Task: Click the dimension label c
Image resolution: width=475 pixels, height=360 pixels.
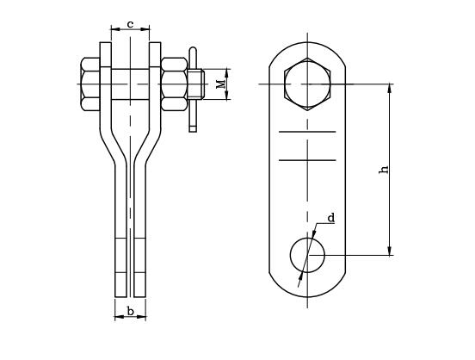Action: pos(130,24)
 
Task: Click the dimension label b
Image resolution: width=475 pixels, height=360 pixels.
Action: pos(130,311)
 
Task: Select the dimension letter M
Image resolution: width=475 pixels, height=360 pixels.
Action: pos(221,84)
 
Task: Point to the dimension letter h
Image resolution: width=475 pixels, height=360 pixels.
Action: pos(384,170)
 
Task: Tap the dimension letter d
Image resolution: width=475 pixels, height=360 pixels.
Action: pos(331,218)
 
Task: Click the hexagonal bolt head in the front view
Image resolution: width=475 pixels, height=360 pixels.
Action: pos(307,84)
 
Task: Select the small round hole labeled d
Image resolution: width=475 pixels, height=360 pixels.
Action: pos(307,255)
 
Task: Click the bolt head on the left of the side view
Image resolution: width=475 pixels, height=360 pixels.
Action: pos(90,84)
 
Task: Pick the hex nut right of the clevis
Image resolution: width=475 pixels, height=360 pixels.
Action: pos(174,84)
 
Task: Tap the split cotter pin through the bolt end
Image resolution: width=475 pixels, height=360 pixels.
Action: pos(193,90)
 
